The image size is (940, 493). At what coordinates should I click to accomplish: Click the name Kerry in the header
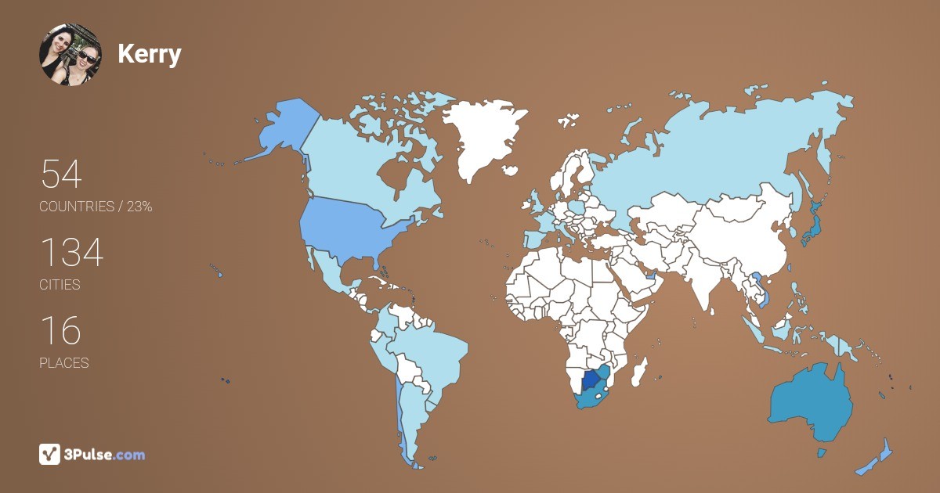(x=149, y=54)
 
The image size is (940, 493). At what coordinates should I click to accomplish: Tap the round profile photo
(x=70, y=54)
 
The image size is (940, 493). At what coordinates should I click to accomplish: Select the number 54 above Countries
(x=61, y=175)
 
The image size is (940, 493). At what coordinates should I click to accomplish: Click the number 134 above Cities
(x=71, y=253)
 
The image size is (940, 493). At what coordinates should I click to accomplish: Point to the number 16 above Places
(x=60, y=331)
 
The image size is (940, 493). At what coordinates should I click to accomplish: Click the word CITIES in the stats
(x=60, y=285)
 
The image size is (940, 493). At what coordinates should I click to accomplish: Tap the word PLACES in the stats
(x=63, y=363)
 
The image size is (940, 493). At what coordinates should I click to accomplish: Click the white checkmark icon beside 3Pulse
(x=50, y=454)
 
